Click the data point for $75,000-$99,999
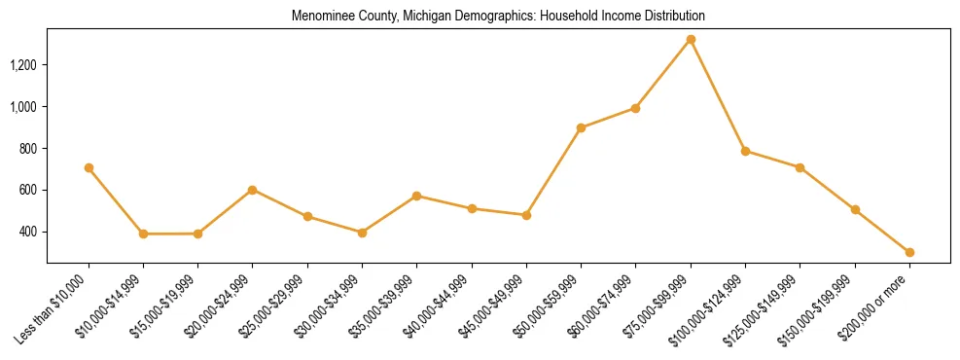coord(691,40)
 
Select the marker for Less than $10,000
coord(89,167)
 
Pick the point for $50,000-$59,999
coord(581,127)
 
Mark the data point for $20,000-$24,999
coord(253,190)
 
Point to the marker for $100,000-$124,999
coord(745,151)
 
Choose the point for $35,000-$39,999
coord(417,196)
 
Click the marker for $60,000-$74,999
coord(635,108)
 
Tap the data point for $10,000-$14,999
coord(143,234)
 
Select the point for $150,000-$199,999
coord(855,209)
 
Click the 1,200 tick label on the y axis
coord(23,65)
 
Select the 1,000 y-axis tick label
coord(23,106)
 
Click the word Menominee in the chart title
coord(320,17)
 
